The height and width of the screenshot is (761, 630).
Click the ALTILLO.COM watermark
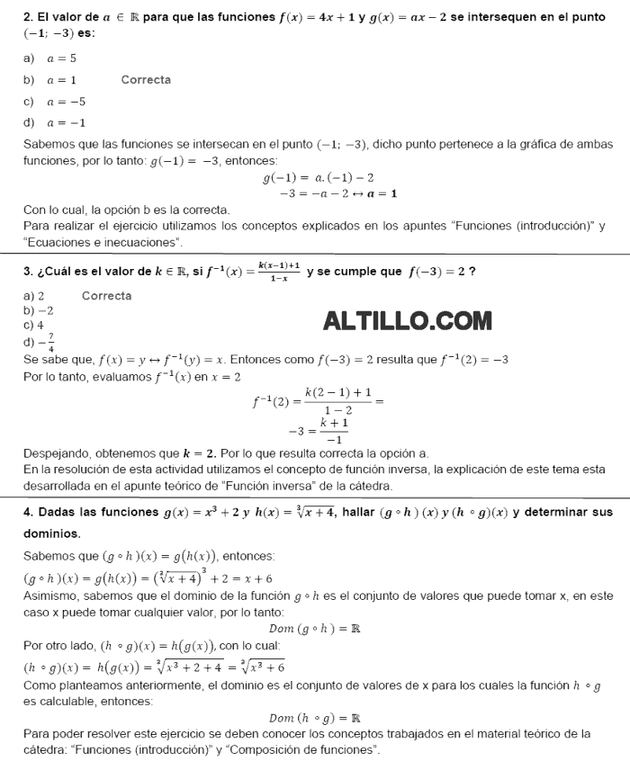[x=407, y=320]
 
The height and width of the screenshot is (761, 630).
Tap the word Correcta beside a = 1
[x=146, y=80]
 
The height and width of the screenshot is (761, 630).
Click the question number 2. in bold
[x=28, y=16]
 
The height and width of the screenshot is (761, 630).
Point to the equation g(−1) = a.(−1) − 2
[x=318, y=178]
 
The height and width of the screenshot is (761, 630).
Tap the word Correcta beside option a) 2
[x=106, y=296]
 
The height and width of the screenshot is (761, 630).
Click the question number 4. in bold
[x=28, y=513]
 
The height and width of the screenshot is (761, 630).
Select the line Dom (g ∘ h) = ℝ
[x=314, y=629]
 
